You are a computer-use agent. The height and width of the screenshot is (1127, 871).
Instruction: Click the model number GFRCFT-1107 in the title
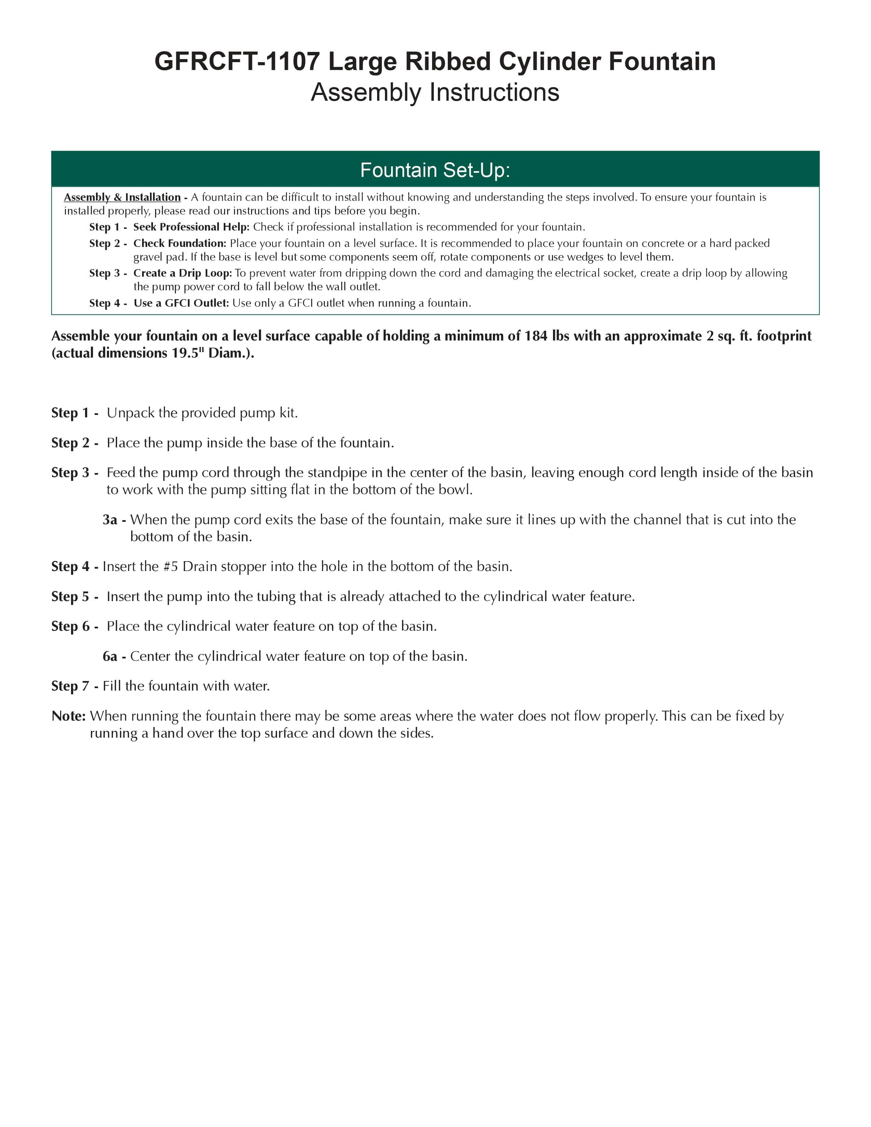pyautogui.click(x=237, y=62)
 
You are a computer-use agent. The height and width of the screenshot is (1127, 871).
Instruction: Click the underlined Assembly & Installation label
pyautogui.click(x=122, y=197)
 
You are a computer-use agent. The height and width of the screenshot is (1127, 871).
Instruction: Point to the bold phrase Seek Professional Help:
pyautogui.click(x=191, y=227)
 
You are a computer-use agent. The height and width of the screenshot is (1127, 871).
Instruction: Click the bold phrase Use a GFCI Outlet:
pyautogui.click(x=181, y=303)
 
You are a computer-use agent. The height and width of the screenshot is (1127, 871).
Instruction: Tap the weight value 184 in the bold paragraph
pyautogui.click(x=536, y=336)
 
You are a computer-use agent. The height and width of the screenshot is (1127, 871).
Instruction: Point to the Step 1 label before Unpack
pyautogui.click(x=71, y=413)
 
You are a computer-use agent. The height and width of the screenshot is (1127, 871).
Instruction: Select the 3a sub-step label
pyautogui.click(x=110, y=520)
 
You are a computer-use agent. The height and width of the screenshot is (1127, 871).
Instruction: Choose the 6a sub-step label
pyautogui.click(x=110, y=656)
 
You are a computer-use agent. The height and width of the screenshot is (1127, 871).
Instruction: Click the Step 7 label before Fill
pyautogui.click(x=71, y=686)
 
